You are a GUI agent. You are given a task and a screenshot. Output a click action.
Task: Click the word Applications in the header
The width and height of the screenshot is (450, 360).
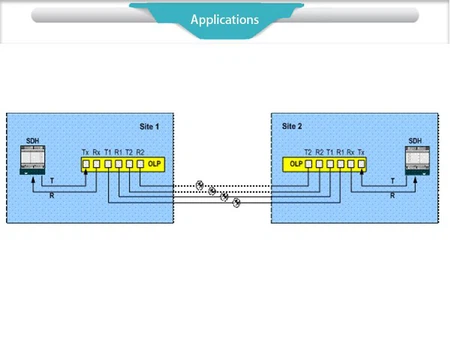click(x=225, y=19)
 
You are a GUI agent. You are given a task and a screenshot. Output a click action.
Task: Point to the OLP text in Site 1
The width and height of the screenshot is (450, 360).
click(x=153, y=162)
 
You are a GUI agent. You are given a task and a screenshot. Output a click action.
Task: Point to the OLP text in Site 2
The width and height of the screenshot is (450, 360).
click(x=296, y=162)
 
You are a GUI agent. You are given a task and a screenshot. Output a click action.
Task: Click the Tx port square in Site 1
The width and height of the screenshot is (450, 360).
click(x=86, y=162)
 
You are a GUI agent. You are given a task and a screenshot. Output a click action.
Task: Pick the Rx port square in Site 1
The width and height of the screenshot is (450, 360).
click(x=97, y=162)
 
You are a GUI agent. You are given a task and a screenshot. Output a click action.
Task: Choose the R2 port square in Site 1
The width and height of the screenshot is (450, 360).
click(x=140, y=162)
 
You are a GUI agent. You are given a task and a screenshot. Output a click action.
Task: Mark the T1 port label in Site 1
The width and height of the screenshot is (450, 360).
click(x=108, y=151)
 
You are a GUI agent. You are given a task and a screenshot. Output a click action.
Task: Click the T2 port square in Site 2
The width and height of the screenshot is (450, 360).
click(x=309, y=162)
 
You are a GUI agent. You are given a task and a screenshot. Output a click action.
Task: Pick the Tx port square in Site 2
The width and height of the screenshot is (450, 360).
click(x=363, y=162)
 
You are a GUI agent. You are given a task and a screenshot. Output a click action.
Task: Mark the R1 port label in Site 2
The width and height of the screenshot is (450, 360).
click(x=341, y=151)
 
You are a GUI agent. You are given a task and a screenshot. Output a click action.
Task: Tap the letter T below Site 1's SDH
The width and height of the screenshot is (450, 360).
click(x=53, y=182)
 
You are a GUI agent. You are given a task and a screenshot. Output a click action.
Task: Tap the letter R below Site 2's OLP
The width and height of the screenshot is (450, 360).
click(x=392, y=195)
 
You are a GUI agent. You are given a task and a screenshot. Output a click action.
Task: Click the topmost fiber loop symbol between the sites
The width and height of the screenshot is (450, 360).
click(x=200, y=183)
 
